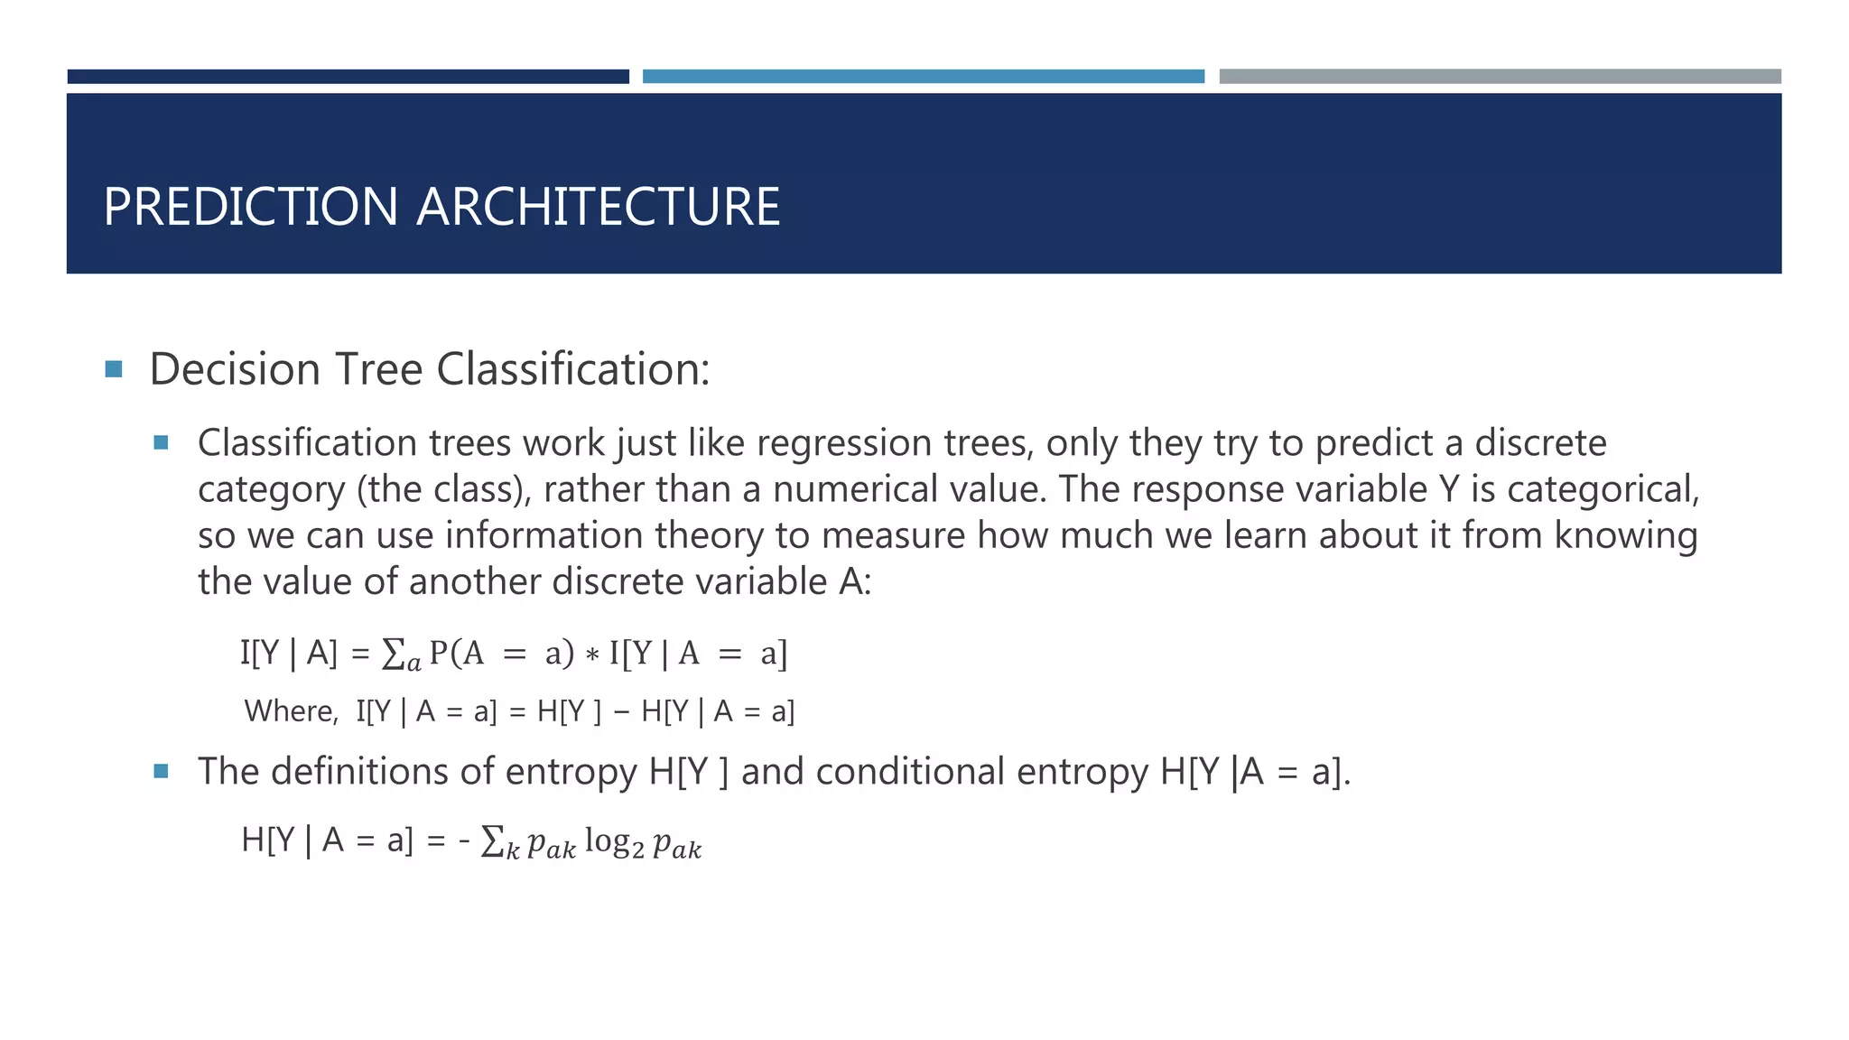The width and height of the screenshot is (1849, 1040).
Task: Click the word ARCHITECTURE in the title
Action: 598,207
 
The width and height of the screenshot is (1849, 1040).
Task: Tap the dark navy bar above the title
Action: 348,77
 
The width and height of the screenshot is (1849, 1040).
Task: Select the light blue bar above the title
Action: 923,77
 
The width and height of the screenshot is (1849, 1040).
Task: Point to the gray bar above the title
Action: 1500,77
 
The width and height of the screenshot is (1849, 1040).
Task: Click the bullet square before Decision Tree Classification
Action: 114,369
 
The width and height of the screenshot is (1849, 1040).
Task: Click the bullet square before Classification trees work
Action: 162,442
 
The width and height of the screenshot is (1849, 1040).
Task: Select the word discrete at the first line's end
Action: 1540,443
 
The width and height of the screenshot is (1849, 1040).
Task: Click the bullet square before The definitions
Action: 162,771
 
